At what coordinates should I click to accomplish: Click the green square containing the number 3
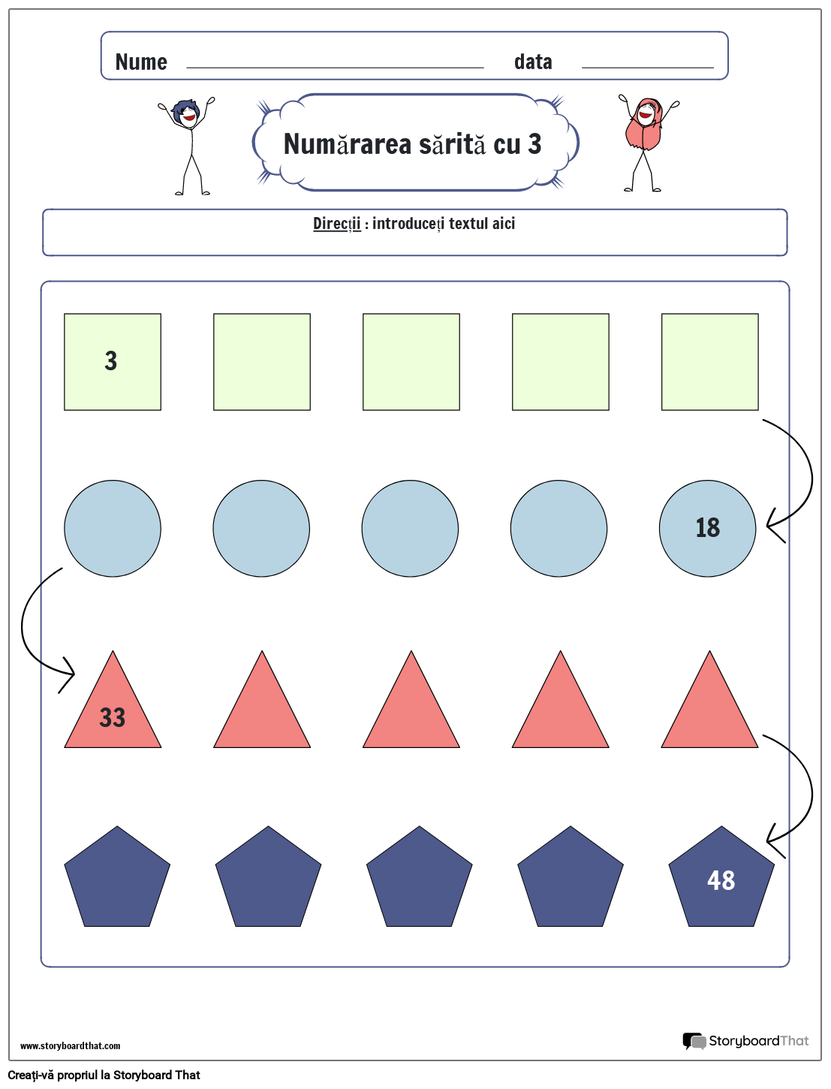point(113,362)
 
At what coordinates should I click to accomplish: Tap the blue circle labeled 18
point(707,528)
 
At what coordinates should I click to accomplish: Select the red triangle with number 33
point(113,710)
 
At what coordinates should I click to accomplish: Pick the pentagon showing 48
point(721,879)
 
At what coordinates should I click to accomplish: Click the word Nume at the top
point(141,62)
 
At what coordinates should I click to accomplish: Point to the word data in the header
point(533,62)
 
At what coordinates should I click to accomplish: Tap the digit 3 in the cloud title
point(534,144)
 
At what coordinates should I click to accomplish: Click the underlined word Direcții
point(336,224)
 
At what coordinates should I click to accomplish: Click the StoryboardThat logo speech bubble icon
point(694,1041)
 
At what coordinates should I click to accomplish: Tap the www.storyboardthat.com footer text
point(70,1045)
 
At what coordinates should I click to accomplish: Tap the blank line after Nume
point(335,66)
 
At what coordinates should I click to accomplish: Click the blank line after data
point(647,66)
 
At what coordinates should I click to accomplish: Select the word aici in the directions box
point(503,224)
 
